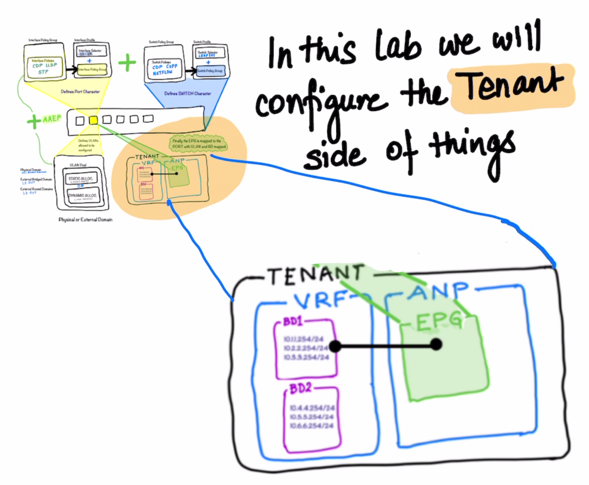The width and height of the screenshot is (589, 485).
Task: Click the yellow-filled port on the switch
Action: [93, 120]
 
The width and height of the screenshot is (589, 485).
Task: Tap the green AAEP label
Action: [52, 119]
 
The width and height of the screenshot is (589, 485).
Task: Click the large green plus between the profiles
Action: [127, 63]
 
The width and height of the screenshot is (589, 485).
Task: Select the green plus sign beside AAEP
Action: [33, 121]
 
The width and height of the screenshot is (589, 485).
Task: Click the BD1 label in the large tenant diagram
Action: [293, 322]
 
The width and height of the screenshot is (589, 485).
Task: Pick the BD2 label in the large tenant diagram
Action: [300, 388]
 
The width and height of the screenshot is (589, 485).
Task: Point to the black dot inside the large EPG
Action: [436, 344]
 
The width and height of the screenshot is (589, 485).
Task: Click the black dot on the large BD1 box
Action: [335, 346]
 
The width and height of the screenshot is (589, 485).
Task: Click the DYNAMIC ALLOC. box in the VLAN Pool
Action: [83, 196]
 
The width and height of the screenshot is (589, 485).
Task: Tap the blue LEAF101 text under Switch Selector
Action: [207, 55]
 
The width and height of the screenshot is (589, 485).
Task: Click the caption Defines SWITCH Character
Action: [187, 94]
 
